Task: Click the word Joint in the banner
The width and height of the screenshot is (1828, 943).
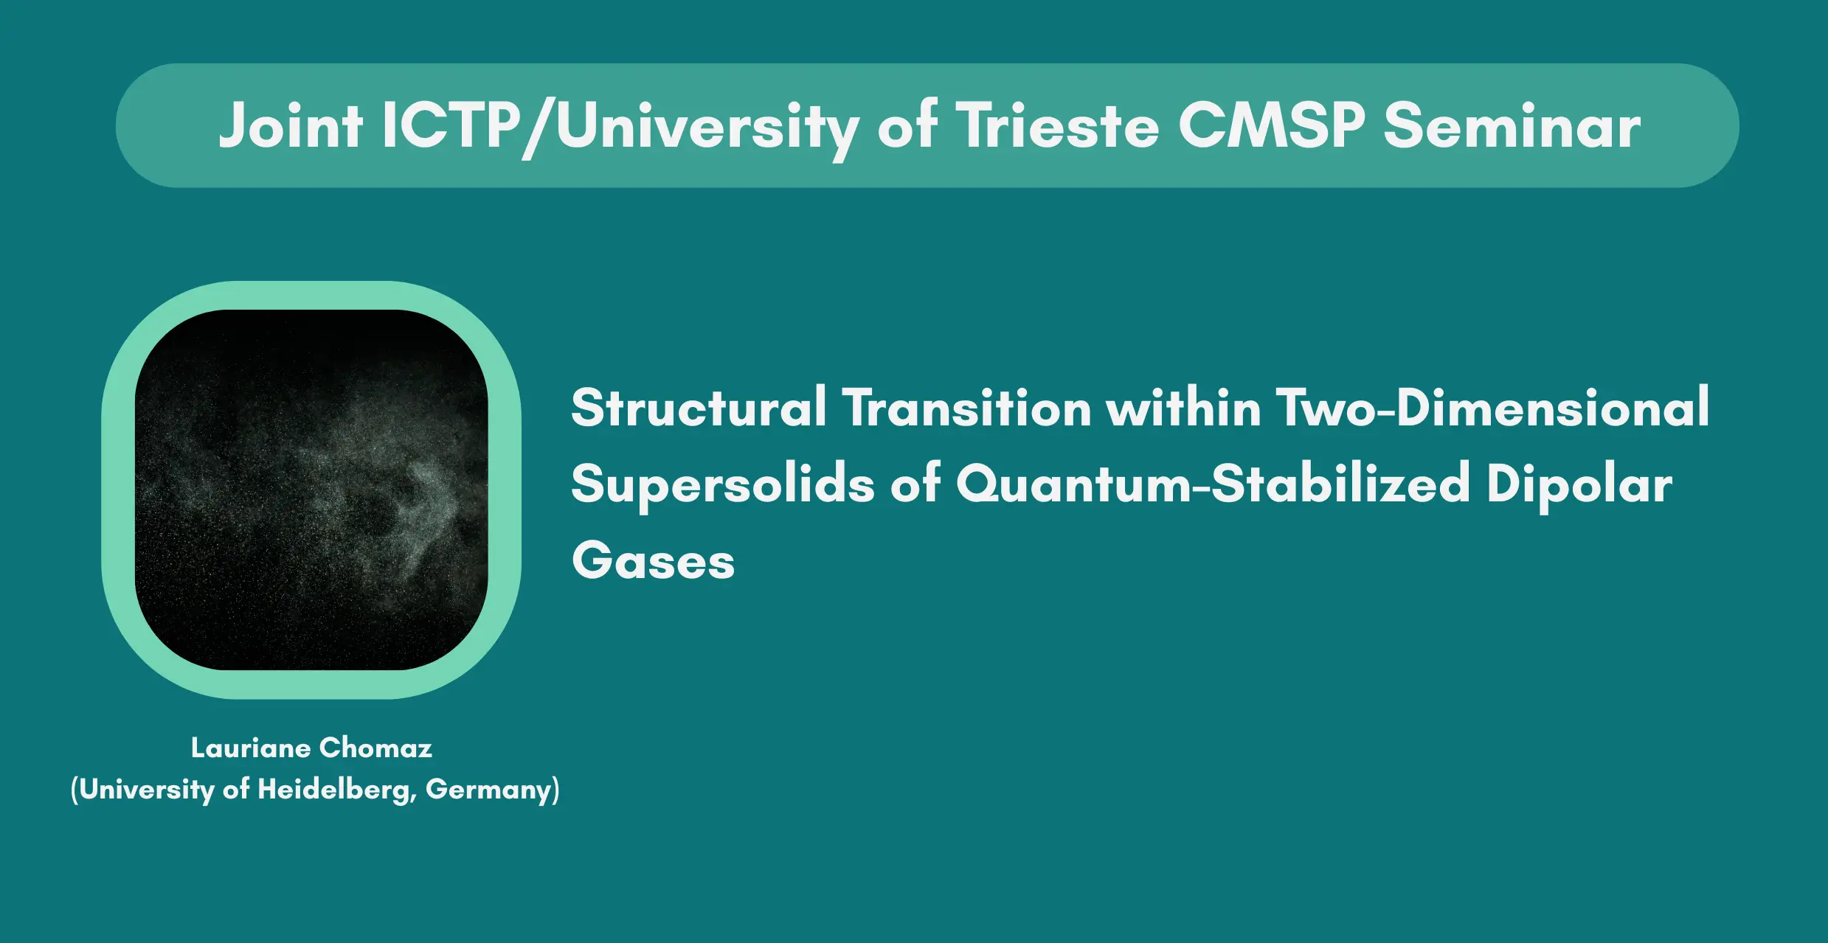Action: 291,125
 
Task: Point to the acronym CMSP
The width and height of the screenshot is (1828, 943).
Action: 1271,125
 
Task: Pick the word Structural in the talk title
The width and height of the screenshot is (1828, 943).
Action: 699,407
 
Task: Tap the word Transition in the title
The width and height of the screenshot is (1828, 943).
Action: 967,407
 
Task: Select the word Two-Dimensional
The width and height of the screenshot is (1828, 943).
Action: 1493,407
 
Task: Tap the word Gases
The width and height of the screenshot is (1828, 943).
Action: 654,561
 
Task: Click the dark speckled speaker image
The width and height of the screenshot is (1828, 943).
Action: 311,490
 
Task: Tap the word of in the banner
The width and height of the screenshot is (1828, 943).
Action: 907,125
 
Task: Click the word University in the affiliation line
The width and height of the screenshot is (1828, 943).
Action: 147,790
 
